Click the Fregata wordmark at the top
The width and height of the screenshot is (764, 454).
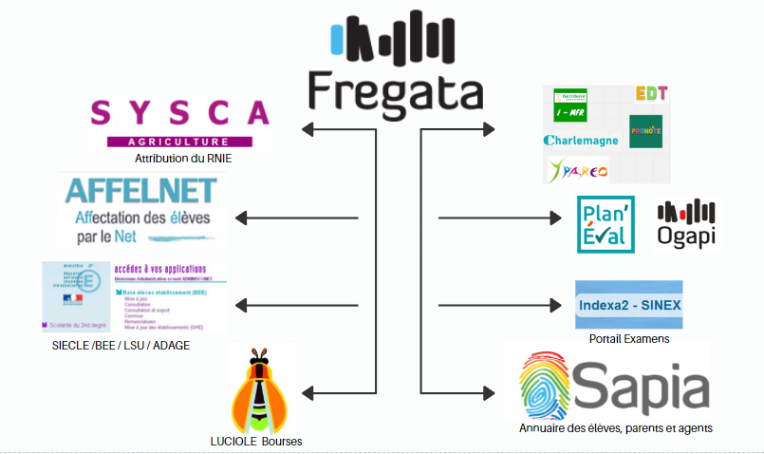click(x=395, y=89)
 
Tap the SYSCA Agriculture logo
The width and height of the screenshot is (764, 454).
click(x=179, y=123)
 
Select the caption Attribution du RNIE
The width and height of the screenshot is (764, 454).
click(x=183, y=159)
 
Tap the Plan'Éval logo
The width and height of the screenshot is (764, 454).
click(x=606, y=224)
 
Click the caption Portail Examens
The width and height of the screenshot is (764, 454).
click(x=629, y=338)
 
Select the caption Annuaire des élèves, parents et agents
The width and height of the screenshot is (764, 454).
click(x=615, y=428)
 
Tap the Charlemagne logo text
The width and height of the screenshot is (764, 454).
click(x=581, y=141)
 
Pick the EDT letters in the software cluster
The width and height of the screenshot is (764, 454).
click(x=652, y=94)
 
